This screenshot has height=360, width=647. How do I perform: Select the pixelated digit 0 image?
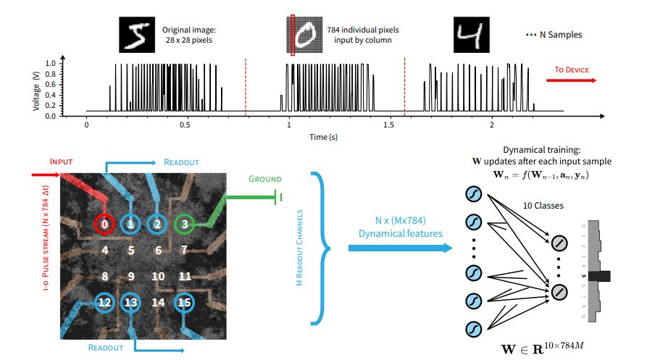(x=304, y=35)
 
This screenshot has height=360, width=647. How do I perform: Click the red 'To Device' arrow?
(x=575, y=80)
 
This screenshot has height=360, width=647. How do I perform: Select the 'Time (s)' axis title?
(x=324, y=136)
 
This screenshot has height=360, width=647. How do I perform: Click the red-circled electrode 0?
(x=105, y=225)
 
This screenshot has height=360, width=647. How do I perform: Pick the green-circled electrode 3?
(x=185, y=225)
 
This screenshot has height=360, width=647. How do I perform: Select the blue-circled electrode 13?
(x=131, y=303)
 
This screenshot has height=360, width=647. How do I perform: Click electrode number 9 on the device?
(x=131, y=276)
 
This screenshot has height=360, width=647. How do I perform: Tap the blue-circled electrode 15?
(x=185, y=303)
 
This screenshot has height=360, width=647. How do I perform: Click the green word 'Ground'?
(x=264, y=179)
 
